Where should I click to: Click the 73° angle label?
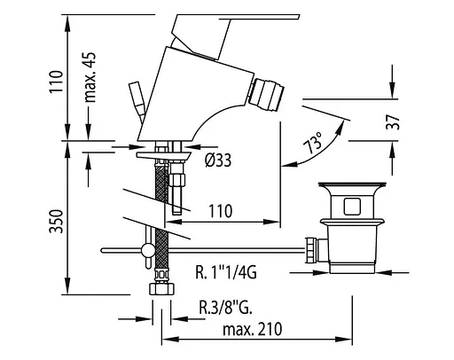tap(314, 143)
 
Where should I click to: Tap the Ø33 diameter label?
tap(218, 160)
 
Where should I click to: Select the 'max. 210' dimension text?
tap(253, 330)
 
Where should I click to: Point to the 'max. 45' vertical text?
tap(90, 78)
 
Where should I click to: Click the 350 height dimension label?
tap(56, 222)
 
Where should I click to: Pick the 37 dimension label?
tap(393, 122)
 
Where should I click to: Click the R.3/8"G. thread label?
tap(225, 308)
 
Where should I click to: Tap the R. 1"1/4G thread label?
tap(226, 272)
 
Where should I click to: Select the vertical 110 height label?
tap(56, 82)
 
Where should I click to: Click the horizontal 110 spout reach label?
tap(221, 211)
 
